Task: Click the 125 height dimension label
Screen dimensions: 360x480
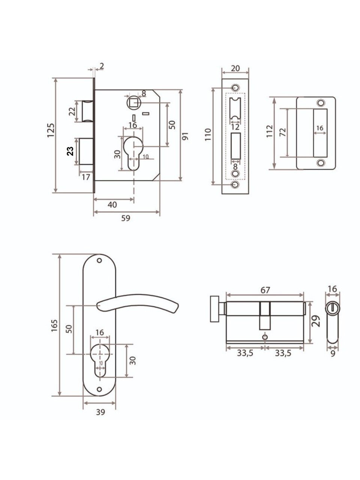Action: [x=51, y=130]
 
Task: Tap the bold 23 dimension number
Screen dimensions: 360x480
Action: [x=70, y=151]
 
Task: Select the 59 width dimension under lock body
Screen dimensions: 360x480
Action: [x=126, y=218]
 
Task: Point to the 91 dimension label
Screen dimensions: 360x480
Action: [x=185, y=136]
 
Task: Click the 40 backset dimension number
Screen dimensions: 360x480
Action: [x=112, y=205]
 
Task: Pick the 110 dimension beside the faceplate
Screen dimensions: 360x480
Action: [x=208, y=135]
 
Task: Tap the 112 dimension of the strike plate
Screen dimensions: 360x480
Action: [x=270, y=131]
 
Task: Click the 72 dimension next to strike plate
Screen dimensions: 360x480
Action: [x=283, y=132]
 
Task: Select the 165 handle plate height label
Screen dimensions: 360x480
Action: [x=54, y=325]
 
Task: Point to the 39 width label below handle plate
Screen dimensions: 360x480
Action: [x=100, y=412]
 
